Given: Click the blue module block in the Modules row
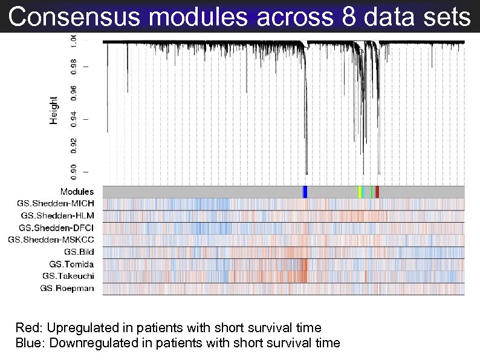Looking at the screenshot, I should [x=305, y=192].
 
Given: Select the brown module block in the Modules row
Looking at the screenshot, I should [x=377, y=192].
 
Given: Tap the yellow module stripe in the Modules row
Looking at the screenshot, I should [x=359, y=192].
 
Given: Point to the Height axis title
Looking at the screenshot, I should [x=54, y=110].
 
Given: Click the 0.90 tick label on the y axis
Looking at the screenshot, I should [x=74, y=171].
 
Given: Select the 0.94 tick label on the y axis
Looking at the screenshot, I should [x=74, y=119].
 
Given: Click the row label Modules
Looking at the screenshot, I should [x=77, y=192].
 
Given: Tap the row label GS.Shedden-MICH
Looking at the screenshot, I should [x=59, y=203].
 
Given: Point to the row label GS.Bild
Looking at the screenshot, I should [x=79, y=252].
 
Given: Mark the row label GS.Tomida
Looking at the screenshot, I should [x=72, y=264].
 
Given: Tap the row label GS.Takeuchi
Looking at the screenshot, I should [x=68, y=276].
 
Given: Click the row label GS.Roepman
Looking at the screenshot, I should [x=67, y=288].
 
